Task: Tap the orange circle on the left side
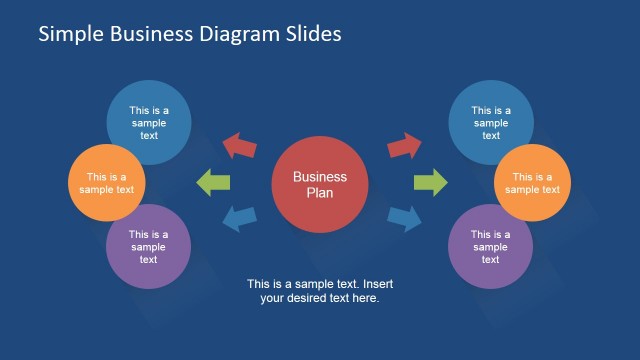click(x=109, y=183)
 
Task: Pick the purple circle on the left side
click(x=148, y=246)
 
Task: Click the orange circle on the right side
click(x=531, y=183)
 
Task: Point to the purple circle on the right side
click(x=490, y=246)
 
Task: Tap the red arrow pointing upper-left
click(x=239, y=146)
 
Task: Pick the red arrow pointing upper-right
click(x=404, y=146)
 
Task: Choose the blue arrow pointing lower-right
click(x=404, y=217)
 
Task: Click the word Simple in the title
click(x=69, y=34)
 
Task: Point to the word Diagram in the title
click(x=233, y=34)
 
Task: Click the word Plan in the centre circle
click(x=320, y=193)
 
